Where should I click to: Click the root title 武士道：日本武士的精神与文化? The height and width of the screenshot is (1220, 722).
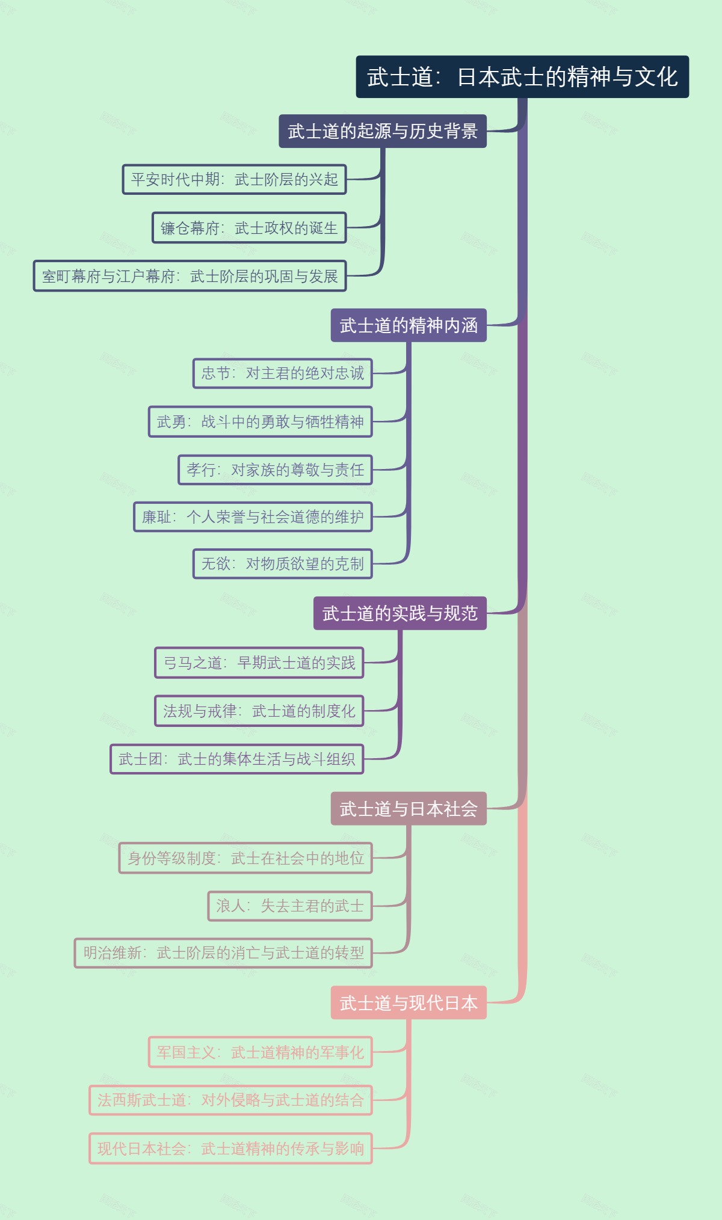(x=522, y=77)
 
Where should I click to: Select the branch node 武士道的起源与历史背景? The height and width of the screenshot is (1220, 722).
(x=382, y=131)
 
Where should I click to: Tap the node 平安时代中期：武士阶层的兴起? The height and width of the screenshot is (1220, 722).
(x=234, y=179)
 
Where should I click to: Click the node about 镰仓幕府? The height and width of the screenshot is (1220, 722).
(x=249, y=228)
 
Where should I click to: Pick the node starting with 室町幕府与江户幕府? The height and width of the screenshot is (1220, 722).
(x=190, y=276)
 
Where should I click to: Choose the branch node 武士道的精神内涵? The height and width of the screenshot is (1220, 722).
(x=408, y=325)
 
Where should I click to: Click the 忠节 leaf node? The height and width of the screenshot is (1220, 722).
(x=282, y=373)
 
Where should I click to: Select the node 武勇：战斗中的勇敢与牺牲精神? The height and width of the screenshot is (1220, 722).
(x=260, y=421)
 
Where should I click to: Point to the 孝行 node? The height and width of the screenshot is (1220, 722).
(x=275, y=470)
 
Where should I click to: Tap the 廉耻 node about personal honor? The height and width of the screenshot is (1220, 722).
(x=253, y=517)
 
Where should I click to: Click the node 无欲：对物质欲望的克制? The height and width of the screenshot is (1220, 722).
(x=282, y=563)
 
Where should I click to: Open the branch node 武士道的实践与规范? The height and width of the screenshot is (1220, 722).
(x=400, y=613)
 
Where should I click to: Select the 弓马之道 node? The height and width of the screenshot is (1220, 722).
(x=259, y=663)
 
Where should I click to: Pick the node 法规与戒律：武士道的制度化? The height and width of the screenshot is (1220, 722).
(x=259, y=711)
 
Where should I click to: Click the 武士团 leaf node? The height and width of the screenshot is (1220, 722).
(x=236, y=759)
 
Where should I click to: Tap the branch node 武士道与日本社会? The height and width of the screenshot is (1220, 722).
(x=408, y=809)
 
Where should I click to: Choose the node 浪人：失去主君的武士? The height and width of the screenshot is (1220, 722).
(x=289, y=906)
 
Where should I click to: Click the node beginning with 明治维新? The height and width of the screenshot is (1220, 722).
(x=223, y=952)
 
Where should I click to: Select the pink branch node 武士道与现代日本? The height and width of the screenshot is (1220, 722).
(x=408, y=1002)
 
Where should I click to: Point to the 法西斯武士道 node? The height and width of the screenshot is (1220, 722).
(x=230, y=1100)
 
